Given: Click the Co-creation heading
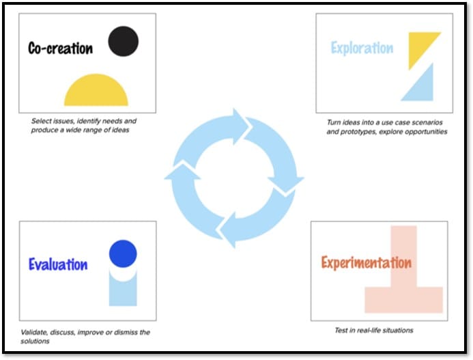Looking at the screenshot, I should point(60,48).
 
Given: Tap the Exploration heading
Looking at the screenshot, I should point(362,48).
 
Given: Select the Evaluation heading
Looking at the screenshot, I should point(58,264).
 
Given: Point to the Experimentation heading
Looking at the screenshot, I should point(366,262).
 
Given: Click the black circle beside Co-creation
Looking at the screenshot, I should point(123,41).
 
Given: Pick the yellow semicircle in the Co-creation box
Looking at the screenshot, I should point(96,94).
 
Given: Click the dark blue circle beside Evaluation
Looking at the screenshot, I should point(123,253).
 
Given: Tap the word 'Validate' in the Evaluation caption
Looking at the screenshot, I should point(35,333).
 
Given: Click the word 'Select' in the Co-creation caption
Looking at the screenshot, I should point(42,121).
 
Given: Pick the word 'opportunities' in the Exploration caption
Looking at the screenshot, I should point(426,131).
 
